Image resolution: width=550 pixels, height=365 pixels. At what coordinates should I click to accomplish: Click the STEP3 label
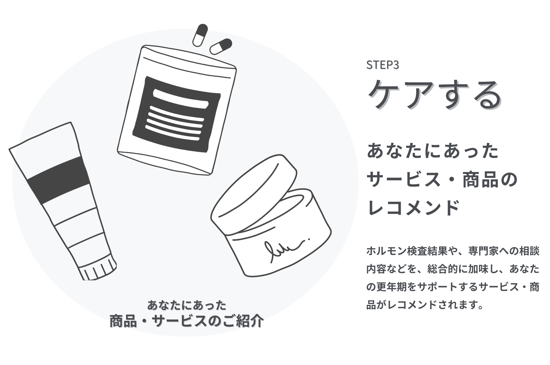pyautogui.click(x=382, y=65)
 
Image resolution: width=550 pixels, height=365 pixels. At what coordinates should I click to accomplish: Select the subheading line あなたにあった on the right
pyautogui.click(x=432, y=151)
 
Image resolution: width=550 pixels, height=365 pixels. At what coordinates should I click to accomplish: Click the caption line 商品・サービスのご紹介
pyautogui.click(x=187, y=321)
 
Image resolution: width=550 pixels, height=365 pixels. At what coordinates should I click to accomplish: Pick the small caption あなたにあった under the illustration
pyautogui.click(x=187, y=305)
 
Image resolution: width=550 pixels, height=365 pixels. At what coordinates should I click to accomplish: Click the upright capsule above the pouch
pyautogui.click(x=200, y=35)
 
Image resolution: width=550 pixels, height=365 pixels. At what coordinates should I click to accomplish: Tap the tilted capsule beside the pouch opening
pyautogui.click(x=221, y=46)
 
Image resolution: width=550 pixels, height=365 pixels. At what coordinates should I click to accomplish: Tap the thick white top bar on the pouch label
pyautogui.click(x=181, y=98)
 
